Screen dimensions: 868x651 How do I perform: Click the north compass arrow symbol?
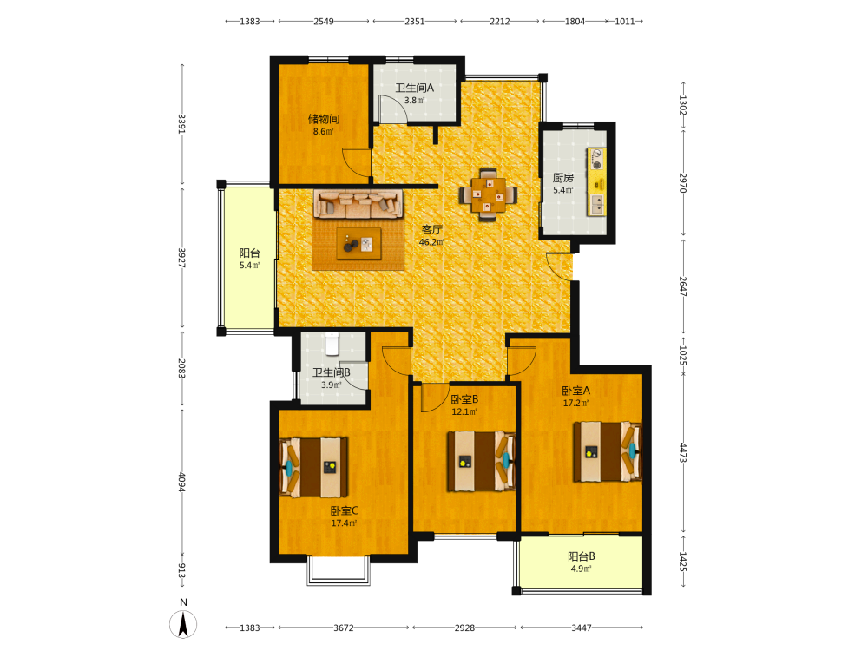click(x=183, y=624)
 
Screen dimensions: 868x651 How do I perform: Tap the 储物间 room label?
click(x=324, y=119)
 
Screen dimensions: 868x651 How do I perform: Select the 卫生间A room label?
click(x=415, y=88)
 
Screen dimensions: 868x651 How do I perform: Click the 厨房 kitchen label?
click(x=563, y=178)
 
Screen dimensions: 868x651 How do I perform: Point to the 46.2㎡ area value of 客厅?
click(x=431, y=242)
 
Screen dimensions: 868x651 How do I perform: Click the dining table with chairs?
click(x=488, y=194)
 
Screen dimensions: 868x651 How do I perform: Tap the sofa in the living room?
click(x=358, y=204)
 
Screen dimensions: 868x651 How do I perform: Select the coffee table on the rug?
click(x=358, y=244)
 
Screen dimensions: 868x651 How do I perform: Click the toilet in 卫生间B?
click(x=332, y=343)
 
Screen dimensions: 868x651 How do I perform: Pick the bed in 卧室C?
click(x=314, y=468)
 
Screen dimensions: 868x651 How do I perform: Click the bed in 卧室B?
click(x=482, y=461)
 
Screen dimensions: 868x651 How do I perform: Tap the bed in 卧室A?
click(x=608, y=451)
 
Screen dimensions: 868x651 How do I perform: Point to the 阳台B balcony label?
click(x=582, y=557)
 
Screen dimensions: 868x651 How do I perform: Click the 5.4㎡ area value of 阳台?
click(x=250, y=266)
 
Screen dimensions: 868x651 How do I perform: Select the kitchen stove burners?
click(x=597, y=159)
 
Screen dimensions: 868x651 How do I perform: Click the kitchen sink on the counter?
click(x=597, y=204)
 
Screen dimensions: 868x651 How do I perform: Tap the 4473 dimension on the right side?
click(x=683, y=453)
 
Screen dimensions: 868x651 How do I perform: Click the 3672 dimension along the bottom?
click(x=343, y=628)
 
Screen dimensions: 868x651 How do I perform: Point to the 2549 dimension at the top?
click(x=324, y=22)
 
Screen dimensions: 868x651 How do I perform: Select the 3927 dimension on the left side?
click(x=181, y=258)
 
